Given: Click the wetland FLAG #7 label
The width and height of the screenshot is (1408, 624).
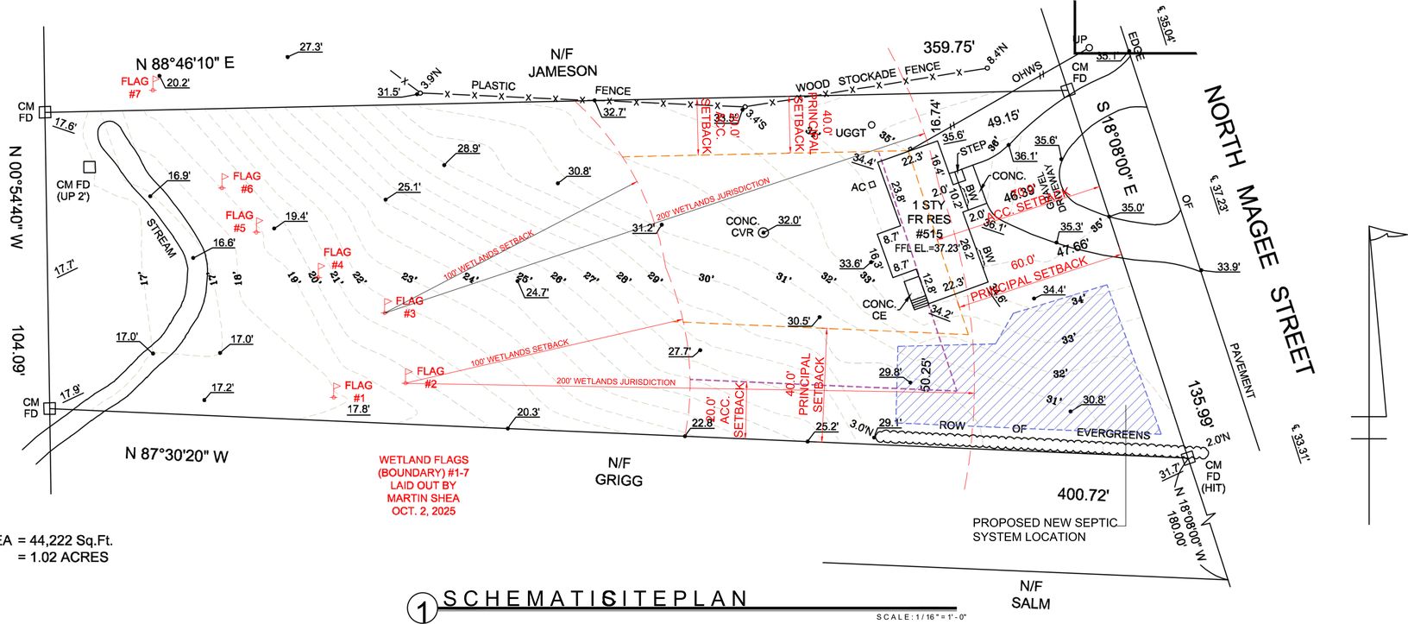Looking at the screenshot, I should click(x=135, y=87).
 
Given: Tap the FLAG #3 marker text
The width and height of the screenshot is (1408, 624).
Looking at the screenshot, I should click(x=409, y=306).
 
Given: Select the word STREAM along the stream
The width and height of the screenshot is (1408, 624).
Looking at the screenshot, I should click(x=161, y=238).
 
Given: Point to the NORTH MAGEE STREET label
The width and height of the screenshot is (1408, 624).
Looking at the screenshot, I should click(x=1260, y=229).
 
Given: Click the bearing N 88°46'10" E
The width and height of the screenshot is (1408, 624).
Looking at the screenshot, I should click(x=185, y=63).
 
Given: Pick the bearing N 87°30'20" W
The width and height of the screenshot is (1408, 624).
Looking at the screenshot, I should click(x=177, y=455).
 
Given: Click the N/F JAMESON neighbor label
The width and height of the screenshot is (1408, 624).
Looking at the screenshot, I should click(x=563, y=62).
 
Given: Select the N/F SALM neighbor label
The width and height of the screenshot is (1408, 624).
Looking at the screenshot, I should click(x=1030, y=596).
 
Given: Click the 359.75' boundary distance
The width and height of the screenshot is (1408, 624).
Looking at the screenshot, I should click(x=948, y=47).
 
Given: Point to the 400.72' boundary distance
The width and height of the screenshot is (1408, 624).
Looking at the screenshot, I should click(x=1083, y=495).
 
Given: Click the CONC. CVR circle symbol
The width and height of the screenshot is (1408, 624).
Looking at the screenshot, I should click(x=763, y=232).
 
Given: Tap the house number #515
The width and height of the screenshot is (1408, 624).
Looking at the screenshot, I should click(x=928, y=234).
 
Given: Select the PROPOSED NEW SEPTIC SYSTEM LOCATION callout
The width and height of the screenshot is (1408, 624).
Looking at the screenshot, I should click(x=1044, y=529).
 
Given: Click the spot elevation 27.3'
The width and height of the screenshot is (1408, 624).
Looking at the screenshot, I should click(x=311, y=47).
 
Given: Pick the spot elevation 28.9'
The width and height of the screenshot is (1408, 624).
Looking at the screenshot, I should click(x=468, y=148).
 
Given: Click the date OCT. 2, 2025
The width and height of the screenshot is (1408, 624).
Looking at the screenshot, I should click(x=423, y=511).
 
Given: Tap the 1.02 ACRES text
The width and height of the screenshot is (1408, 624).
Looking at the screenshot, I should click(x=63, y=558).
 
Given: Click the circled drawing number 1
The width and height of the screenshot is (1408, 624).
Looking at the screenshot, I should click(x=423, y=612).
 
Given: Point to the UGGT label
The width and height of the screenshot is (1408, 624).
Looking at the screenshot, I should click(x=850, y=133).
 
